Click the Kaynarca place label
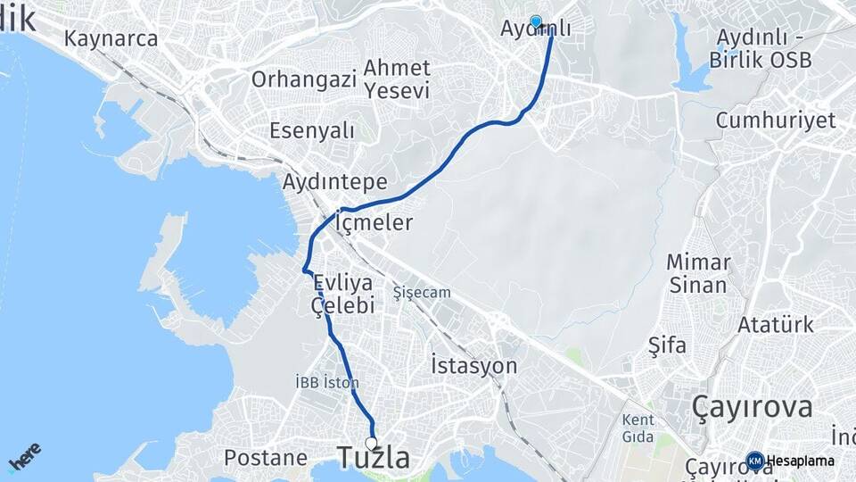(111, 38)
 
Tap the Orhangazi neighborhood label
(304, 79)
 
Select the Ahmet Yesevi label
(397, 79)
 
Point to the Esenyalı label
(312, 130)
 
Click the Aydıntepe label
(334, 182)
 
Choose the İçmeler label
(374, 222)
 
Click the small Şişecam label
(422, 292)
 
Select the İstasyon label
(473, 365)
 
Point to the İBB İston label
(326, 382)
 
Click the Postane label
(266, 458)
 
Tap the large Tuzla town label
(374, 459)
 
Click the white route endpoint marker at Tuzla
(371, 441)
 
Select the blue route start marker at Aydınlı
(536, 21)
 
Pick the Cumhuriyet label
(775, 120)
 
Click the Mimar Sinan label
(700, 274)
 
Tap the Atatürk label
(775, 325)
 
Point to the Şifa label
(667, 345)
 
